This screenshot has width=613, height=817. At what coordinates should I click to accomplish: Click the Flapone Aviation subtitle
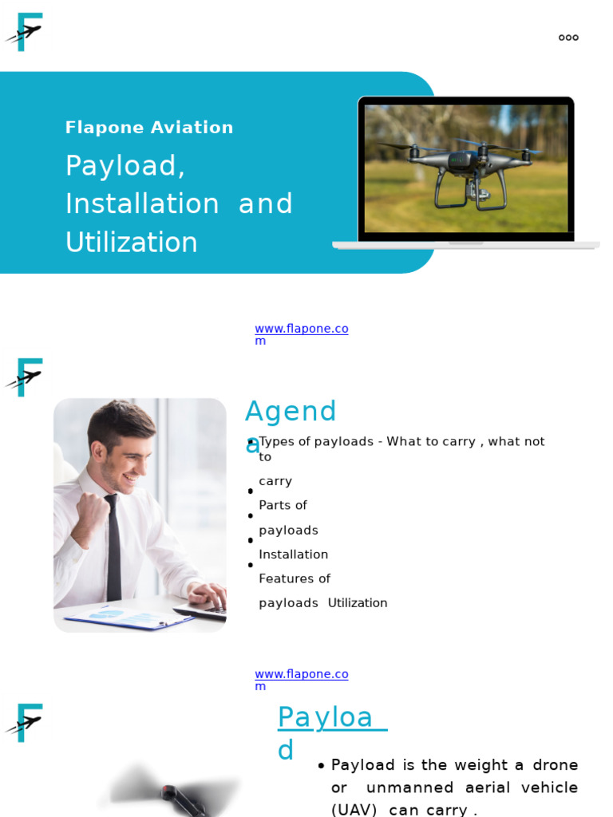149,128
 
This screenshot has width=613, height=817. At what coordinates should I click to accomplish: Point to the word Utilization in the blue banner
131,243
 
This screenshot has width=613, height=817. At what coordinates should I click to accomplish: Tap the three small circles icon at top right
568,37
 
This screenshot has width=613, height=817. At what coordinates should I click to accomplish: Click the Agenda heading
291,413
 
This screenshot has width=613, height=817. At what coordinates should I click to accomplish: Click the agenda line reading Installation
293,555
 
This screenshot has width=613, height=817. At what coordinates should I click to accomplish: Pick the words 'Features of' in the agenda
294,578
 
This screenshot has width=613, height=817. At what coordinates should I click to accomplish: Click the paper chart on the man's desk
128,617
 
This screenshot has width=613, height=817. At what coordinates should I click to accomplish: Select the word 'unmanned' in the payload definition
404,787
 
